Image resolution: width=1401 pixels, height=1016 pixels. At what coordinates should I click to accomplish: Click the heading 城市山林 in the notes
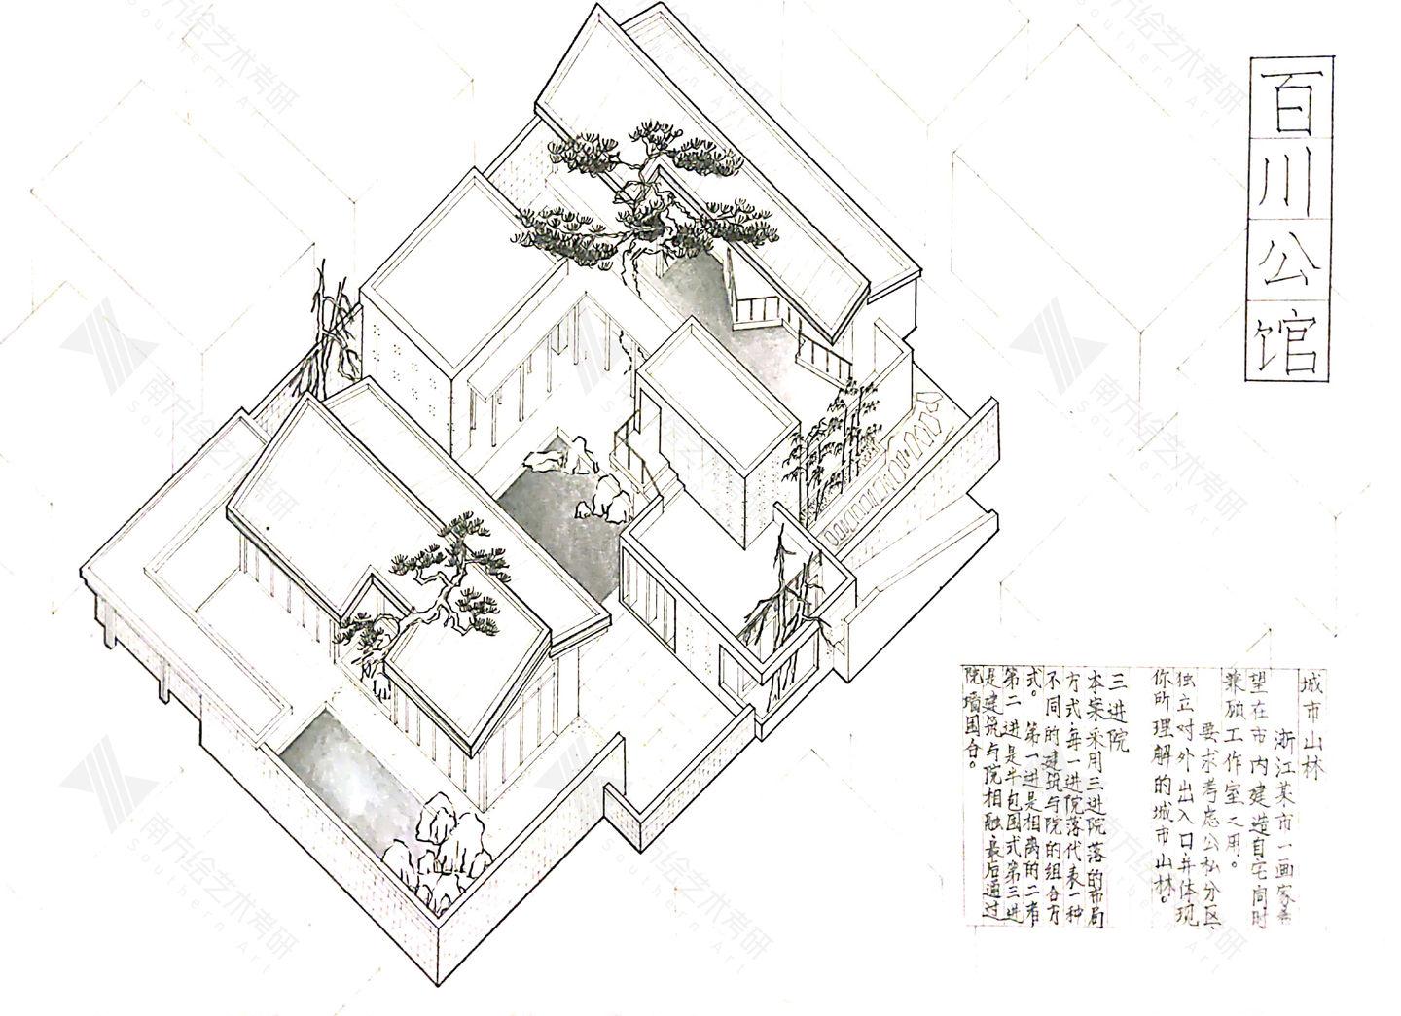pos(1312,725)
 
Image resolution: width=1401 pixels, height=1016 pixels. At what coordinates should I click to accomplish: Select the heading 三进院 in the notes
pos(1117,716)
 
